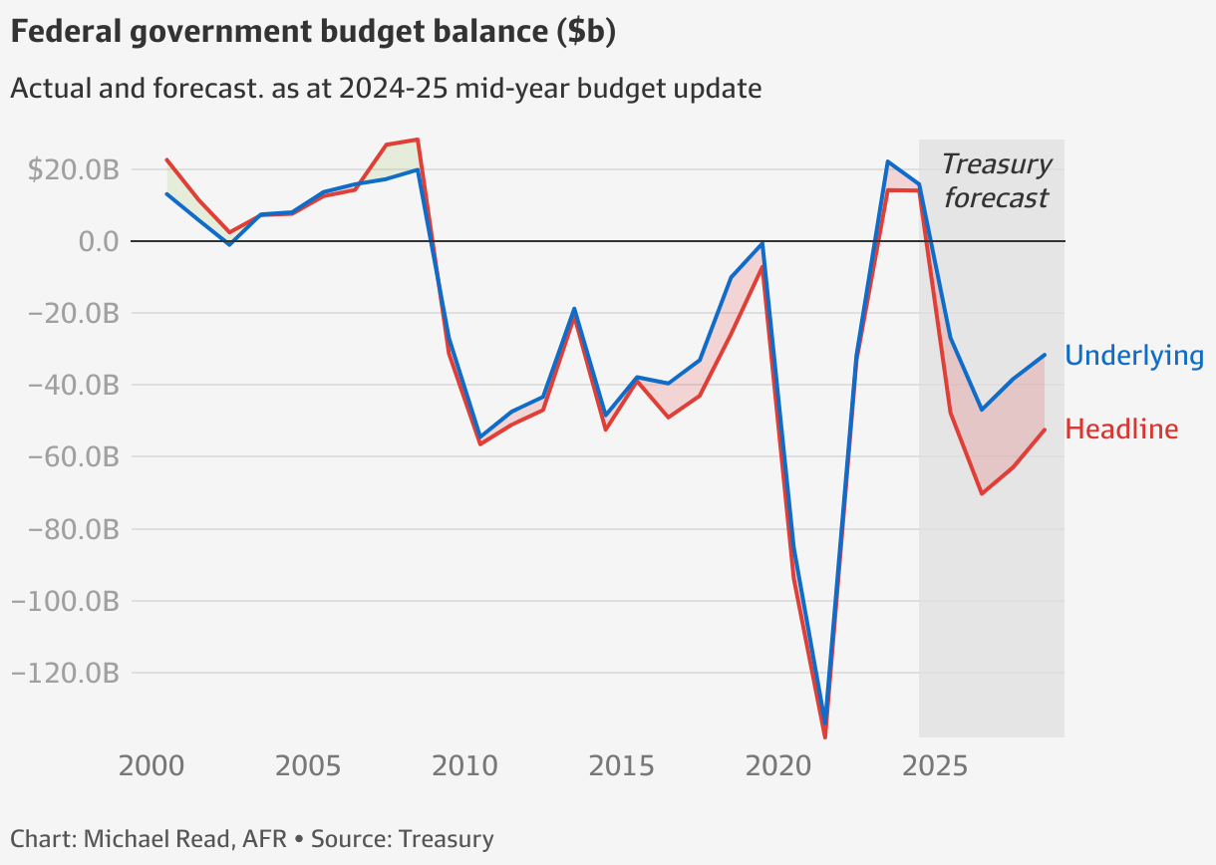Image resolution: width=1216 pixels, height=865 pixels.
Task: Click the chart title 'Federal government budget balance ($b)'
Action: click(x=312, y=33)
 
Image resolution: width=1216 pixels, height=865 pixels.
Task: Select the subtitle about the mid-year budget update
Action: click(x=385, y=89)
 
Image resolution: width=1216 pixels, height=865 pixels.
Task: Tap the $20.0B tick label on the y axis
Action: click(x=74, y=169)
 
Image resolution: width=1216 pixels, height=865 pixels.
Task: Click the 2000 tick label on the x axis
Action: click(x=151, y=766)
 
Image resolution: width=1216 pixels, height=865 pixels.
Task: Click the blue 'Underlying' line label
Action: click(x=1134, y=356)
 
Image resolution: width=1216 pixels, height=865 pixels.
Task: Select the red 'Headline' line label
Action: click(x=1121, y=430)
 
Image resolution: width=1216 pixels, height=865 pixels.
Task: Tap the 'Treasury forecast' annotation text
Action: click(x=996, y=180)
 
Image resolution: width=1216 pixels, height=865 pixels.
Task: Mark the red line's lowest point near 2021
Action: click(x=825, y=736)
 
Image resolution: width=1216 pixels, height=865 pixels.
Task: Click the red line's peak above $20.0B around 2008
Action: click(x=418, y=140)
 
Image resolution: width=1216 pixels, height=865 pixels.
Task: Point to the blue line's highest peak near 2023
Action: click(x=888, y=161)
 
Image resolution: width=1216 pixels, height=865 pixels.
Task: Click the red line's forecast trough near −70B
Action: click(x=982, y=493)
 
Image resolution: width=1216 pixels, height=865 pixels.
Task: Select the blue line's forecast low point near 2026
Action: click(x=982, y=410)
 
